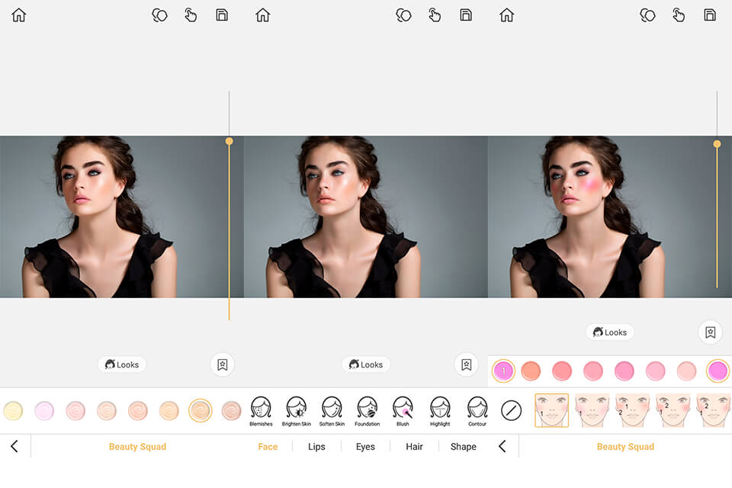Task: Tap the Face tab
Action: (x=268, y=447)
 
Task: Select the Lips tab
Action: (x=316, y=447)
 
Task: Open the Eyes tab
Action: (x=365, y=447)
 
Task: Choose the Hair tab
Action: (x=414, y=447)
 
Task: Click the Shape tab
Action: (x=463, y=447)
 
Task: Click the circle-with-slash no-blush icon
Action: (x=511, y=411)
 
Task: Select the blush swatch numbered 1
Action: (x=503, y=371)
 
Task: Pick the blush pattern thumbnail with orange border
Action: (x=551, y=410)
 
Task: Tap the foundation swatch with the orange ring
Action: (x=200, y=411)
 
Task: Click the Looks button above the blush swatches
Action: (x=609, y=332)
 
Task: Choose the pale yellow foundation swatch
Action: (x=12, y=411)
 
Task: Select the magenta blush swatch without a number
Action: (x=718, y=371)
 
